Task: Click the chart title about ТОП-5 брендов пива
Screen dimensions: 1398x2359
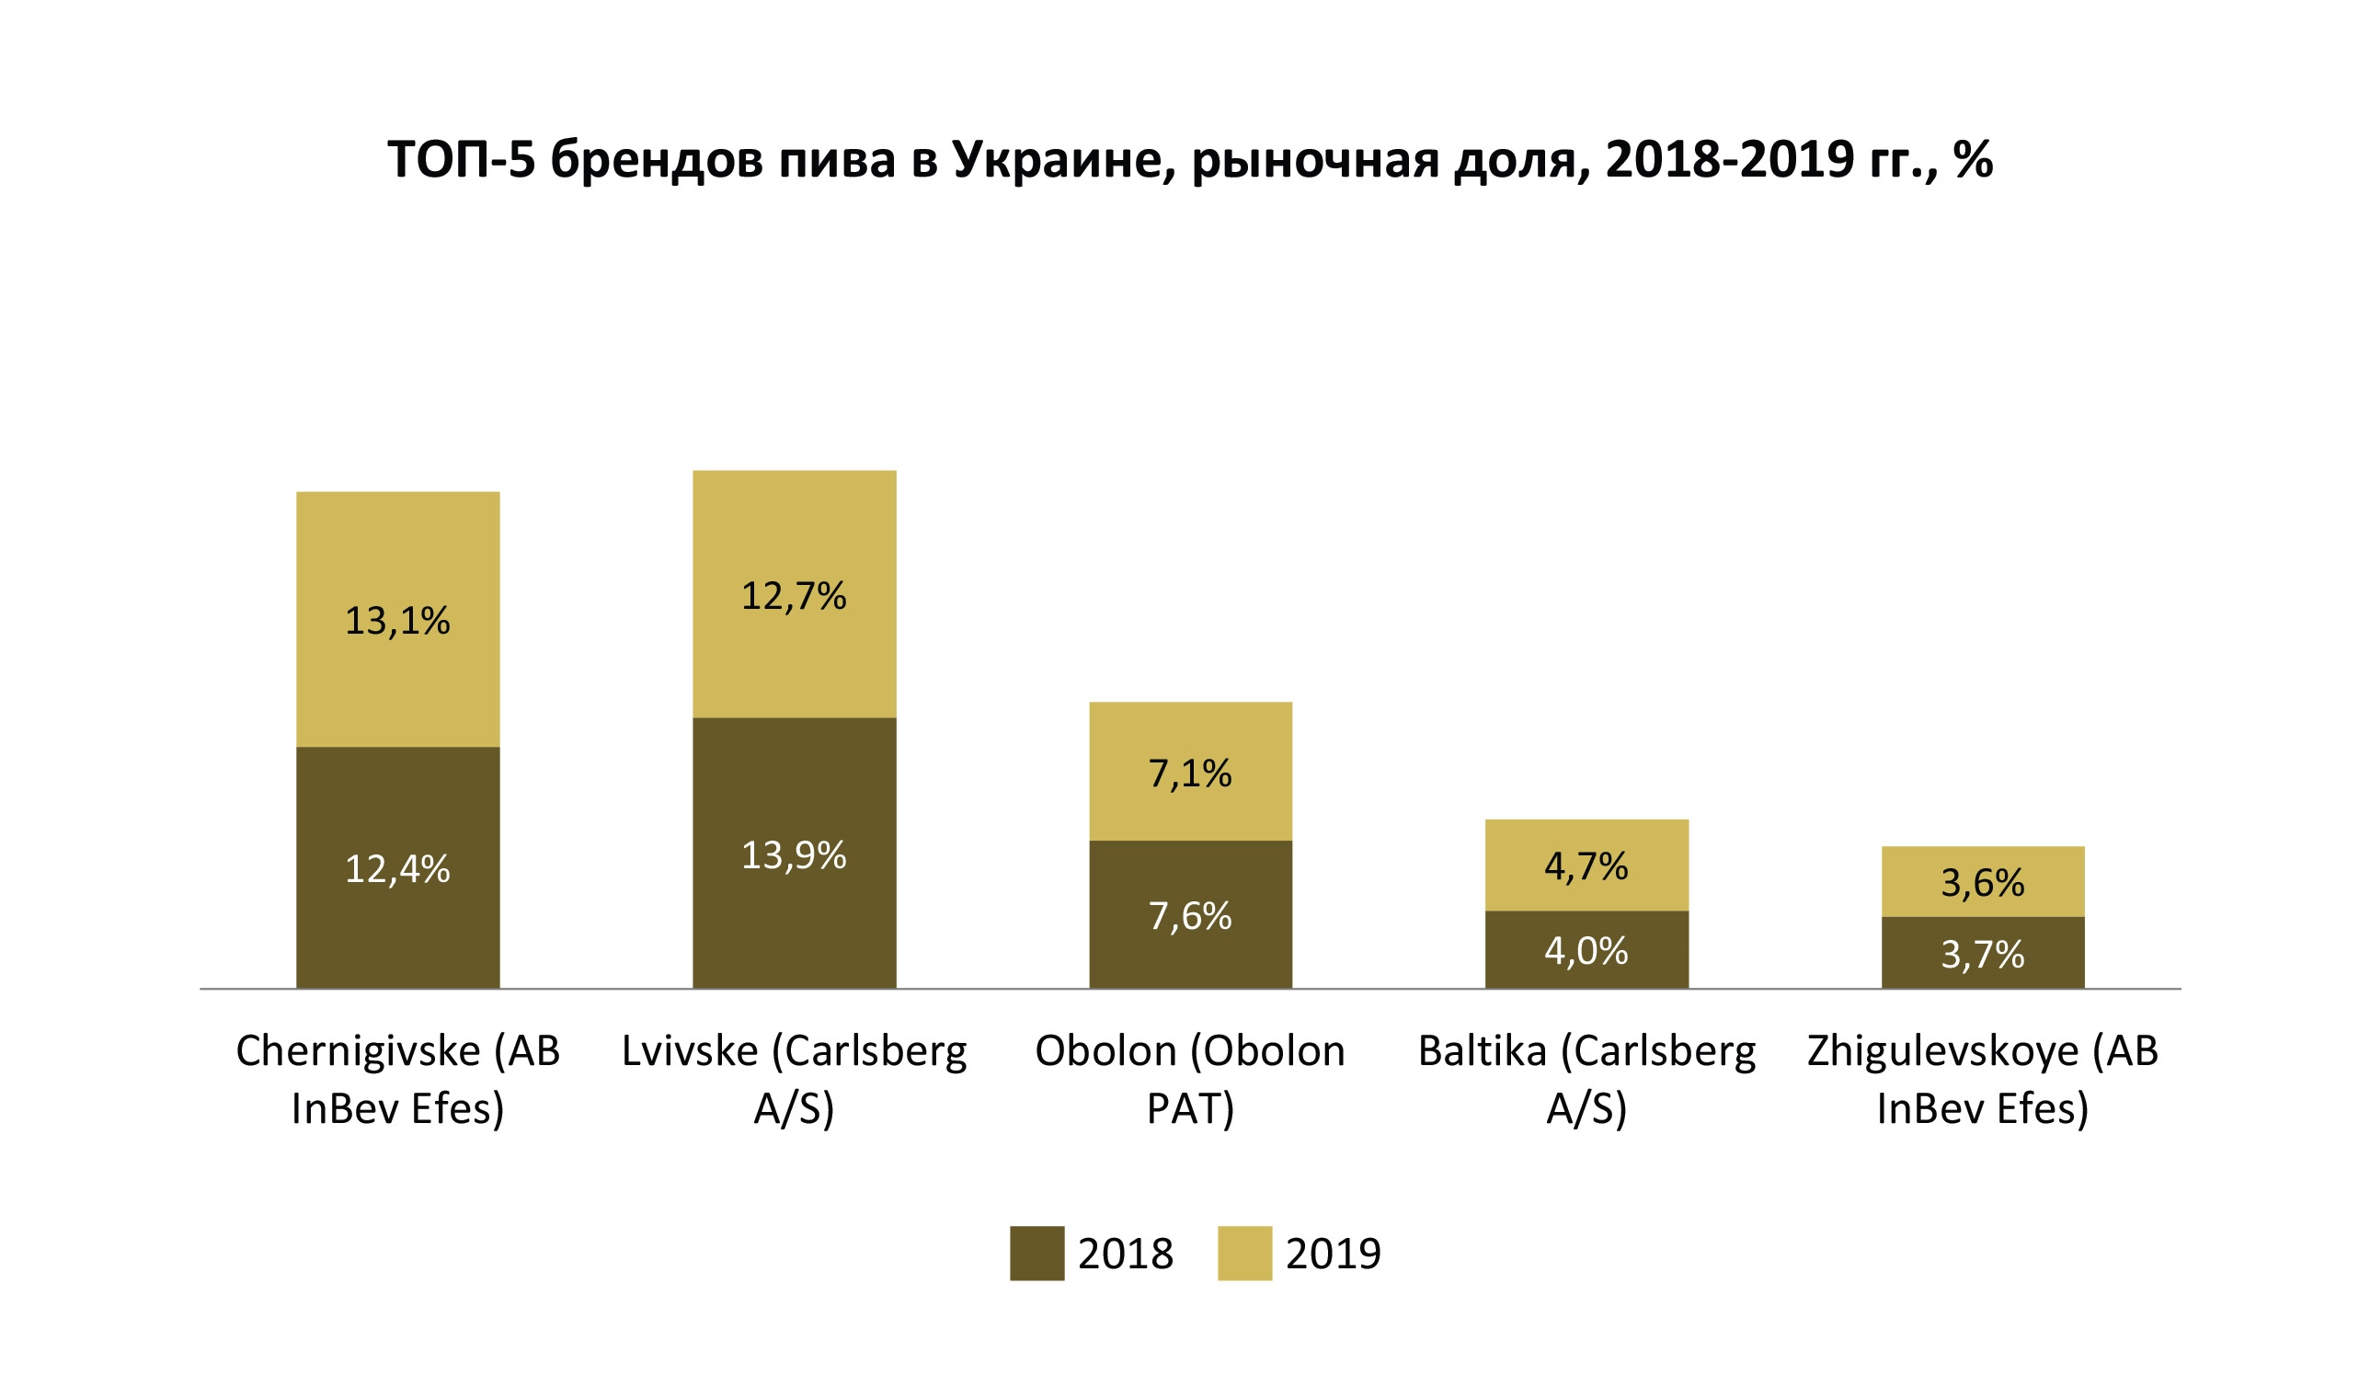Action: pos(1189,159)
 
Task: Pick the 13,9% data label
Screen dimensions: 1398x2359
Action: pos(794,855)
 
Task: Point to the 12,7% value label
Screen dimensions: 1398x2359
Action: pos(794,596)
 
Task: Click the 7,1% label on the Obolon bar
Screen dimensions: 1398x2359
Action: pos(1189,773)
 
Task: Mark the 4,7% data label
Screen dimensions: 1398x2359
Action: pos(1586,866)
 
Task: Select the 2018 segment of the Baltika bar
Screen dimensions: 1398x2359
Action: pos(1586,980)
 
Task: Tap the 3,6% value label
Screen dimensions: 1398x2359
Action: pos(1982,883)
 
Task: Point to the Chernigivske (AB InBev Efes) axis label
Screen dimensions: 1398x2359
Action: pos(397,1079)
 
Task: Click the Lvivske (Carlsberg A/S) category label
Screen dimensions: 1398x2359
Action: pos(794,1079)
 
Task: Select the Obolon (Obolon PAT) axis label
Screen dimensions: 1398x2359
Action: pos(1189,1079)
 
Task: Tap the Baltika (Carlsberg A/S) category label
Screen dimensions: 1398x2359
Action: pos(1586,1079)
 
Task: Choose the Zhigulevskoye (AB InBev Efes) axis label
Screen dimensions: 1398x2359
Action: pos(1982,1079)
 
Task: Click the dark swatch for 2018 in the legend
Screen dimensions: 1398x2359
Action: pos(1036,1253)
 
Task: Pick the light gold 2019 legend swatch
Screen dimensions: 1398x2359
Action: pos(1244,1253)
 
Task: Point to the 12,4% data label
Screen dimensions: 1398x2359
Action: pos(397,868)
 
